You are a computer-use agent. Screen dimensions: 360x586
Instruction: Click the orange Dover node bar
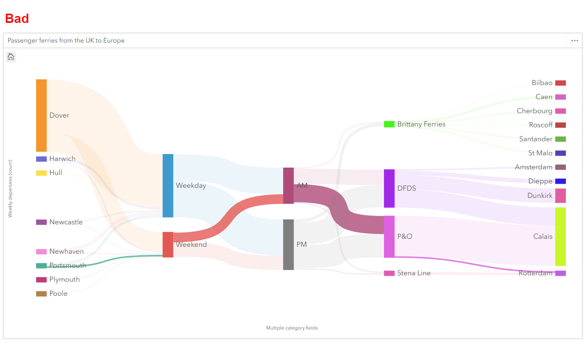pyautogui.click(x=41, y=115)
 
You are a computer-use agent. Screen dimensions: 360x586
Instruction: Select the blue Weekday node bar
pyautogui.click(x=168, y=185)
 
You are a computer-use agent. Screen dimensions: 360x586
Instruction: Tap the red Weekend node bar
pyautogui.click(x=168, y=244)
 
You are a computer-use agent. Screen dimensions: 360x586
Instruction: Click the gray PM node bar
pyautogui.click(x=288, y=244)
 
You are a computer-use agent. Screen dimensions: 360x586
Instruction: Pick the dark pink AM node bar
pyautogui.click(x=288, y=185)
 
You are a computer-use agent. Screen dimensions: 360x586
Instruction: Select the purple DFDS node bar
pyautogui.click(x=389, y=188)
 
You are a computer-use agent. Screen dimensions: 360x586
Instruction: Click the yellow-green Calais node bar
pyautogui.click(x=560, y=236)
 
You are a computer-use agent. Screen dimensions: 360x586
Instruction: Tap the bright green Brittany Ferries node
pyautogui.click(x=389, y=124)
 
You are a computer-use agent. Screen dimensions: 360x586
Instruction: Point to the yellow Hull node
pyautogui.click(x=41, y=173)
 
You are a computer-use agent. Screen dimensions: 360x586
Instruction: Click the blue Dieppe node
pyautogui.click(x=560, y=181)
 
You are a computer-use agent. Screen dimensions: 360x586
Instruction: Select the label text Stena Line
pyautogui.click(x=414, y=273)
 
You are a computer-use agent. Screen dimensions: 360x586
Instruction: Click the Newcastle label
pyautogui.click(x=66, y=222)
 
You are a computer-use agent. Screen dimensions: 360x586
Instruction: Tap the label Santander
pyautogui.click(x=535, y=139)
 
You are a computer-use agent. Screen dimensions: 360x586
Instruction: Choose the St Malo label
pyautogui.click(x=540, y=153)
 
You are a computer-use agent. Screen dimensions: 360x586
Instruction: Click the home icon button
pyautogui.click(x=11, y=57)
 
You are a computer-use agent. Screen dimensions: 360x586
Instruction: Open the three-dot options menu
pyautogui.click(x=574, y=41)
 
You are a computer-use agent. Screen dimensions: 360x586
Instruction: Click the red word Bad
pyautogui.click(x=17, y=18)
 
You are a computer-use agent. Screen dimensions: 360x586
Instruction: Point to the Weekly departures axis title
pyautogui.click(x=10, y=189)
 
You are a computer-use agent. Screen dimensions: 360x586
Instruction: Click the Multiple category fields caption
pyautogui.click(x=292, y=328)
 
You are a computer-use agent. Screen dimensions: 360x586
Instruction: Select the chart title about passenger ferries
pyautogui.click(x=66, y=41)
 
